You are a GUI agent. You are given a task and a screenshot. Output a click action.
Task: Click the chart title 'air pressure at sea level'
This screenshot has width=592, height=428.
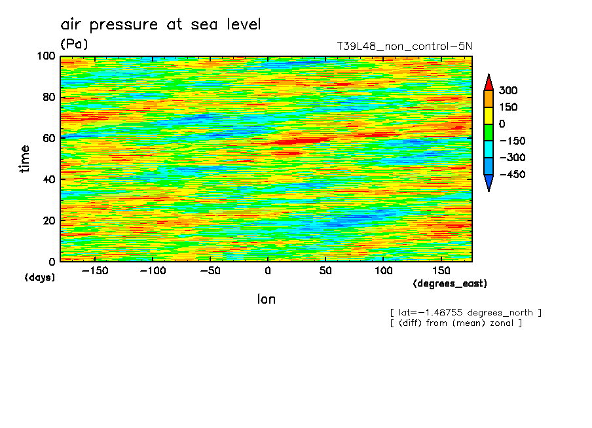click(x=160, y=25)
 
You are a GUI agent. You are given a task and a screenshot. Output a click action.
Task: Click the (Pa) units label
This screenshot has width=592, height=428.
click(x=74, y=45)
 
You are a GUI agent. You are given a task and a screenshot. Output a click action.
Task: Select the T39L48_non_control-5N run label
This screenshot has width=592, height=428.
click(x=404, y=46)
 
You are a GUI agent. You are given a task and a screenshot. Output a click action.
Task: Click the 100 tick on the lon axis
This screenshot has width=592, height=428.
click(x=384, y=270)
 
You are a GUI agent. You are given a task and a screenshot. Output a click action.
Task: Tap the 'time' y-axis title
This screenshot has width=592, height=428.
click(x=26, y=158)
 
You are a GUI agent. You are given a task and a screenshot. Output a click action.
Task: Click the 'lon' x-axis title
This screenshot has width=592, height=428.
click(x=267, y=300)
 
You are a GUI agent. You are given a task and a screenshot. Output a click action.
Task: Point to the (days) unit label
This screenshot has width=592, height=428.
click(x=40, y=277)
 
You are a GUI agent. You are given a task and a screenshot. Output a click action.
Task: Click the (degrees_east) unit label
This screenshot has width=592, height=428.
click(x=450, y=284)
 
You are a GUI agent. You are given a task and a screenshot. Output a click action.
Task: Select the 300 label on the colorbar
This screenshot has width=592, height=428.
click(x=508, y=90)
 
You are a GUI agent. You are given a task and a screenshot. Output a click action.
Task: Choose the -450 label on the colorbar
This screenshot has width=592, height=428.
click(x=511, y=175)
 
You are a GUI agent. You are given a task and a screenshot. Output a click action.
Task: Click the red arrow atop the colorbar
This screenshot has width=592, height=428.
click(x=488, y=82)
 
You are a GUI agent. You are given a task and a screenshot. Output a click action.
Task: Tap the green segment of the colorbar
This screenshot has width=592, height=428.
click(x=488, y=132)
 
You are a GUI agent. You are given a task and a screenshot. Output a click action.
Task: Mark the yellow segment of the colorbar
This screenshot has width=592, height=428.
click(x=488, y=115)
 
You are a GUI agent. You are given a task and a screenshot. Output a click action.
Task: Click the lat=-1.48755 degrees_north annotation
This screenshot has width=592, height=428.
click(x=466, y=312)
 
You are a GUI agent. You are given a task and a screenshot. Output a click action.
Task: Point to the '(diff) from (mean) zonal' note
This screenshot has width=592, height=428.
click(x=456, y=323)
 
